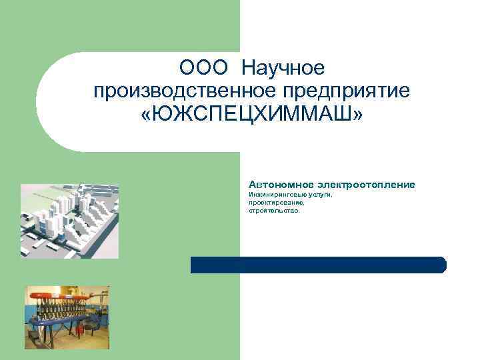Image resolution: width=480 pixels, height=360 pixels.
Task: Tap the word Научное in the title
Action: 283,68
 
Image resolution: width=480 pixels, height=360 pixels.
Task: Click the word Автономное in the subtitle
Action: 281,183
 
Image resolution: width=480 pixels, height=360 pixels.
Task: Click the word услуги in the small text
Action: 320,195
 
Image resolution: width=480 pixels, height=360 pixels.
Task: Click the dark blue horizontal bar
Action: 318,265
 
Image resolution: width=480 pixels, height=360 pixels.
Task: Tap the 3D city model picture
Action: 69,220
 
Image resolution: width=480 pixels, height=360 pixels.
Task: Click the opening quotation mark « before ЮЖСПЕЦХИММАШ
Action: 147,115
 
